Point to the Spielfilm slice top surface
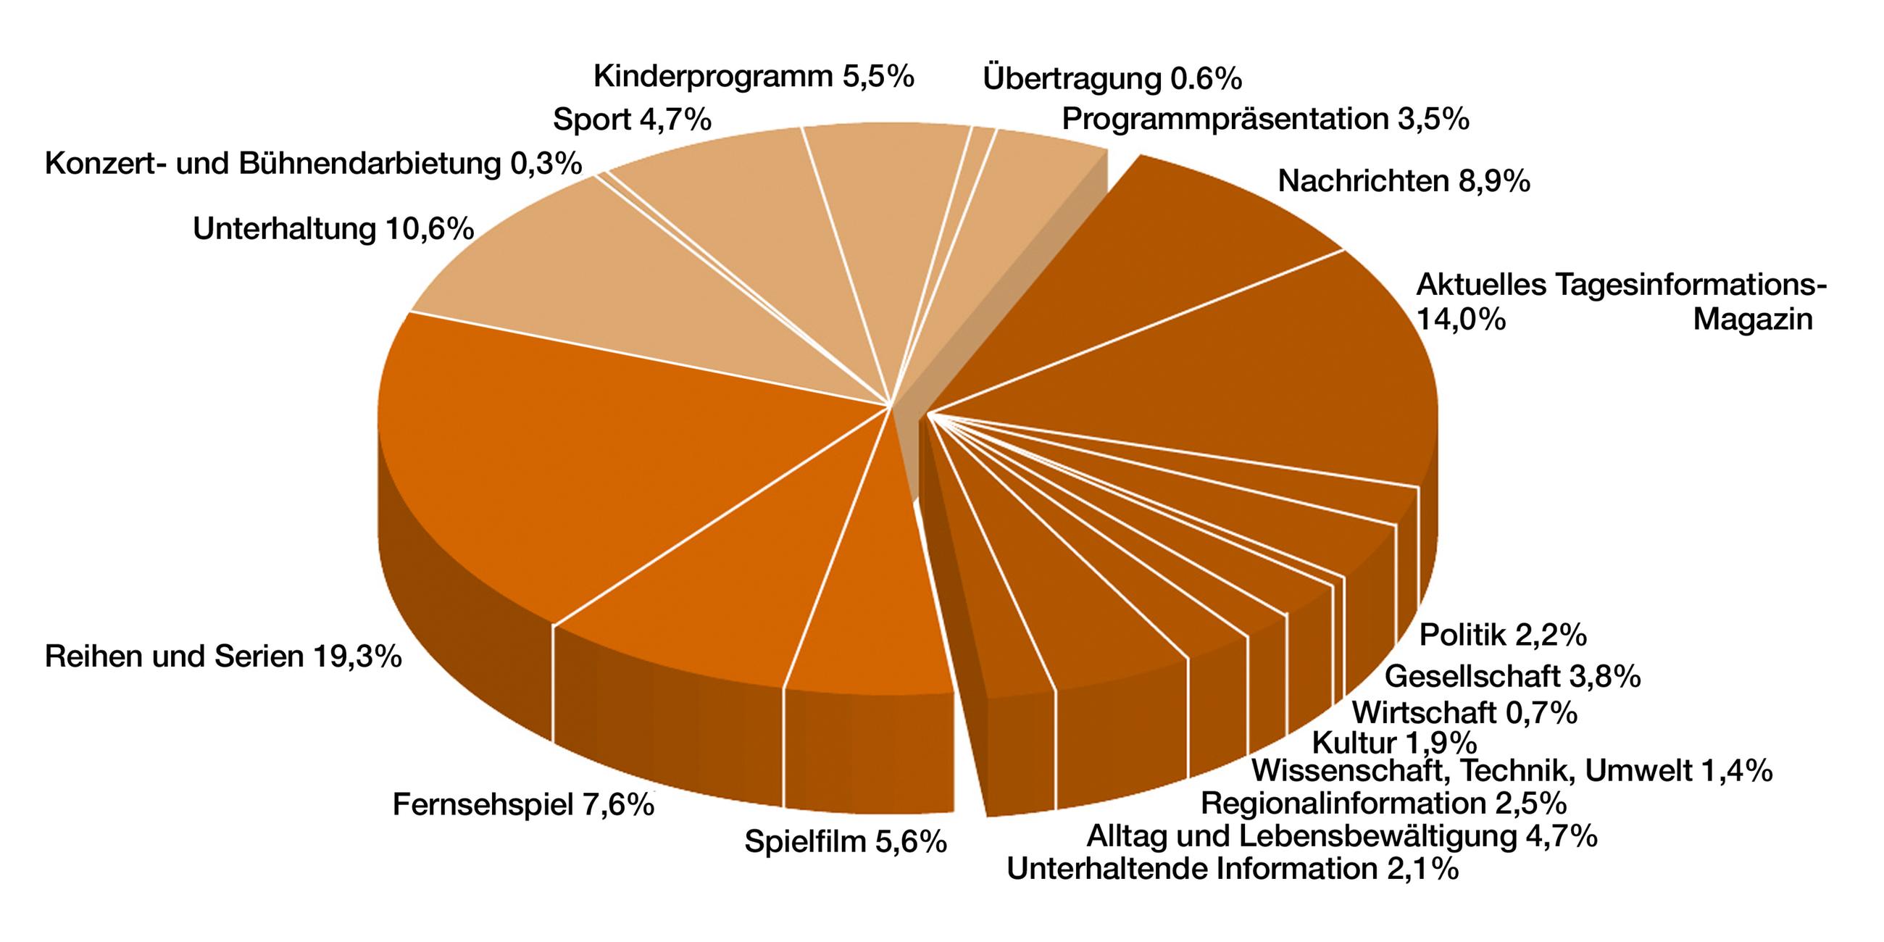pos(870,607)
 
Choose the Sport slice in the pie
pos(731,212)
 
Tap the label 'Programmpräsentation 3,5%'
pos(1265,119)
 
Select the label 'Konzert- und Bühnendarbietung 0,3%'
pos(313,164)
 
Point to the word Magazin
pos(1752,320)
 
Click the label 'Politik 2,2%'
pos(1502,635)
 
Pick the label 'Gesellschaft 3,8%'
pos(1512,677)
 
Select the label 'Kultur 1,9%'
pos(1394,743)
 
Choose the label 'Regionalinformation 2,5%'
pos(1383,804)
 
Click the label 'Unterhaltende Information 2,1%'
pos(1233,869)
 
